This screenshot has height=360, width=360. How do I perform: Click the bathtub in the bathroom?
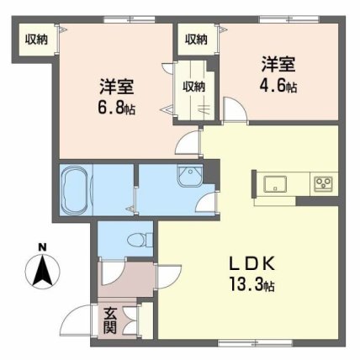click(x=76, y=190)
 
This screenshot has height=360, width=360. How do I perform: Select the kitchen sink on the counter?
click(x=275, y=184)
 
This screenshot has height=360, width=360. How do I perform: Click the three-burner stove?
click(x=323, y=184)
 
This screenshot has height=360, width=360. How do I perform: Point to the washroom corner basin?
click(x=190, y=175)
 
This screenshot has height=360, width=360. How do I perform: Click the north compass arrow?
click(x=42, y=271)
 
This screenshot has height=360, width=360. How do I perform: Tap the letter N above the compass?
click(x=43, y=247)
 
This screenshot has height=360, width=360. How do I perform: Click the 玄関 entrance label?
click(x=110, y=320)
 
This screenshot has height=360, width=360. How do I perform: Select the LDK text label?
click(x=251, y=264)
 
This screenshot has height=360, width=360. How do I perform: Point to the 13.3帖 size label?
click(x=251, y=283)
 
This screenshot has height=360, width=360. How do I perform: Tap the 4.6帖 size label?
click(x=278, y=85)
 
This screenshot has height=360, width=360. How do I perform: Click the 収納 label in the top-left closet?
click(x=37, y=40)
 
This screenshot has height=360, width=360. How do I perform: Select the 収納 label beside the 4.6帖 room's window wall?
click(x=196, y=40)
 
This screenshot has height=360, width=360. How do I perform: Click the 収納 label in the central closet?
click(x=194, y=87)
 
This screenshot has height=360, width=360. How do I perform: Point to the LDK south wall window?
click(x=255, y=342)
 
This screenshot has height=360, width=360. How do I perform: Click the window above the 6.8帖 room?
click(x=130, y=19)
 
